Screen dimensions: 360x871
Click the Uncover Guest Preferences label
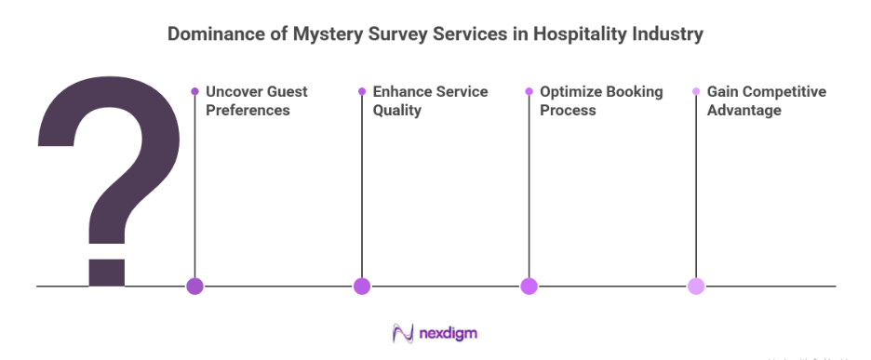click(256, 100)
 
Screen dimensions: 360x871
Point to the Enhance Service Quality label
click(430, 100)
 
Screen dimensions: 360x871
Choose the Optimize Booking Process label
click(601, 100)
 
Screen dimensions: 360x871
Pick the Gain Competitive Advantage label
click(766, 100)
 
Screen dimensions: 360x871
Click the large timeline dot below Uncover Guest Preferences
click(194, 287)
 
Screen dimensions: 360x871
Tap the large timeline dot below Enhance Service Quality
click(362, 287)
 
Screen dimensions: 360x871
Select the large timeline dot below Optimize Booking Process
click(529, 287)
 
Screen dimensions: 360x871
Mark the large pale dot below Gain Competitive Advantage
click(696, 287)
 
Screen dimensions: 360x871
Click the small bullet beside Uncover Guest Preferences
click(194, 91)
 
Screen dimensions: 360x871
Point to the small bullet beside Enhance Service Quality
click(362, 91)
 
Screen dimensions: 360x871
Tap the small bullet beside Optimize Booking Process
click(529, 91)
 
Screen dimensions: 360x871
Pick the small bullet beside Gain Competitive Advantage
click(696, 91)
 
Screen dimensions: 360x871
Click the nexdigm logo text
click(449, 333)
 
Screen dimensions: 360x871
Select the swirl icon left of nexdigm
click(403, 333)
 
